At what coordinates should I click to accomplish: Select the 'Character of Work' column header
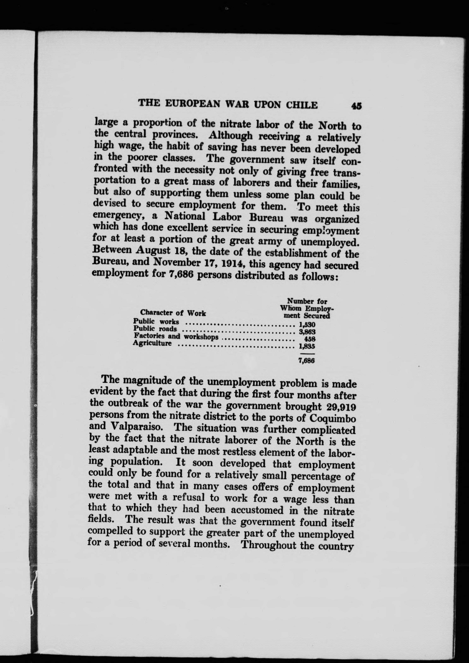[x=173, y=313]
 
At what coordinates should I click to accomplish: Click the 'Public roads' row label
[x=155, y=329]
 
